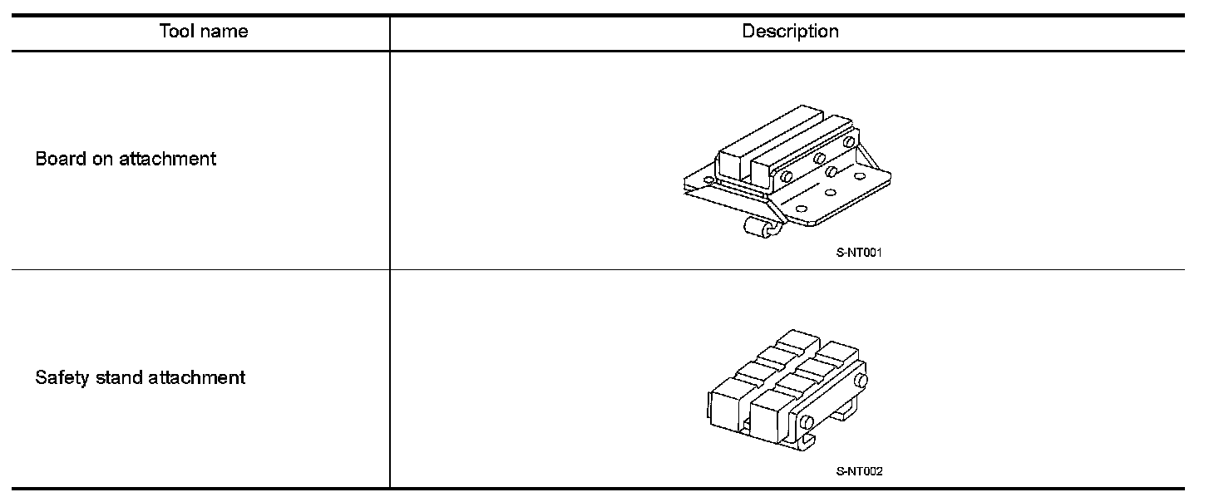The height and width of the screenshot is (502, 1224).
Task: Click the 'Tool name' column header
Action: [x=203, y=32]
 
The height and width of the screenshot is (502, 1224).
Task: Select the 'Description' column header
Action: [x=790, y=32]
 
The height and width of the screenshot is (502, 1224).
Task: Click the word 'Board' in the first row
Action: [x=59, y=159]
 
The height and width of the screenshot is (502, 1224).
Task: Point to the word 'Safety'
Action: [x=61, y=378]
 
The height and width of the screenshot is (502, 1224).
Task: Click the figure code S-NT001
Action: [x=858, y=253]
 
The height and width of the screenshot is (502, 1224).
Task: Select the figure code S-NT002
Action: [x=859, y=472]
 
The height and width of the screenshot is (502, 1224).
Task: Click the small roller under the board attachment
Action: [x=759, y=228]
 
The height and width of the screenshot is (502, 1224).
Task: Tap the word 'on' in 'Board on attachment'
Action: [x=101, y=159]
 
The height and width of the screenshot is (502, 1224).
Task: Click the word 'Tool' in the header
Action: [x=175, y=32]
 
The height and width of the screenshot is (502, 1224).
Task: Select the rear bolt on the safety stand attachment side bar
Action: [x=861, y=380]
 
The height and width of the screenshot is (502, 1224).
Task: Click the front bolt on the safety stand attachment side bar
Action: [x=806, y=421]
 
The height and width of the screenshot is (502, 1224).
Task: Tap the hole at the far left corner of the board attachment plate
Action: [x=708, y=179]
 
